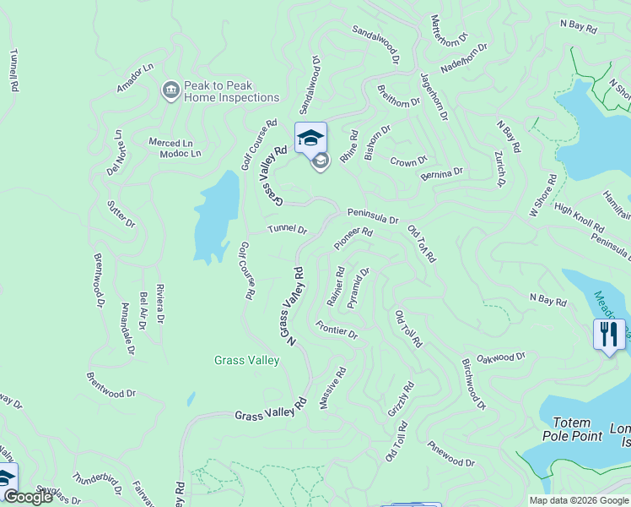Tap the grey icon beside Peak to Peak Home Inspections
pos(170,90)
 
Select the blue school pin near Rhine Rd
pos(310,137)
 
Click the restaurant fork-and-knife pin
pos(609,334)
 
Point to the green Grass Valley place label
pos(246,361)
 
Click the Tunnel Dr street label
pos(288,230)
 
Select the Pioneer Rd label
pos(353,237)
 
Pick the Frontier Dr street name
pos(337,330)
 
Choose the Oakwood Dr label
pos(502,358)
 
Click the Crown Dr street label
pos(409,160)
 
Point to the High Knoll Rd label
pos(579,219)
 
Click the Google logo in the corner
pos(28,498)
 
